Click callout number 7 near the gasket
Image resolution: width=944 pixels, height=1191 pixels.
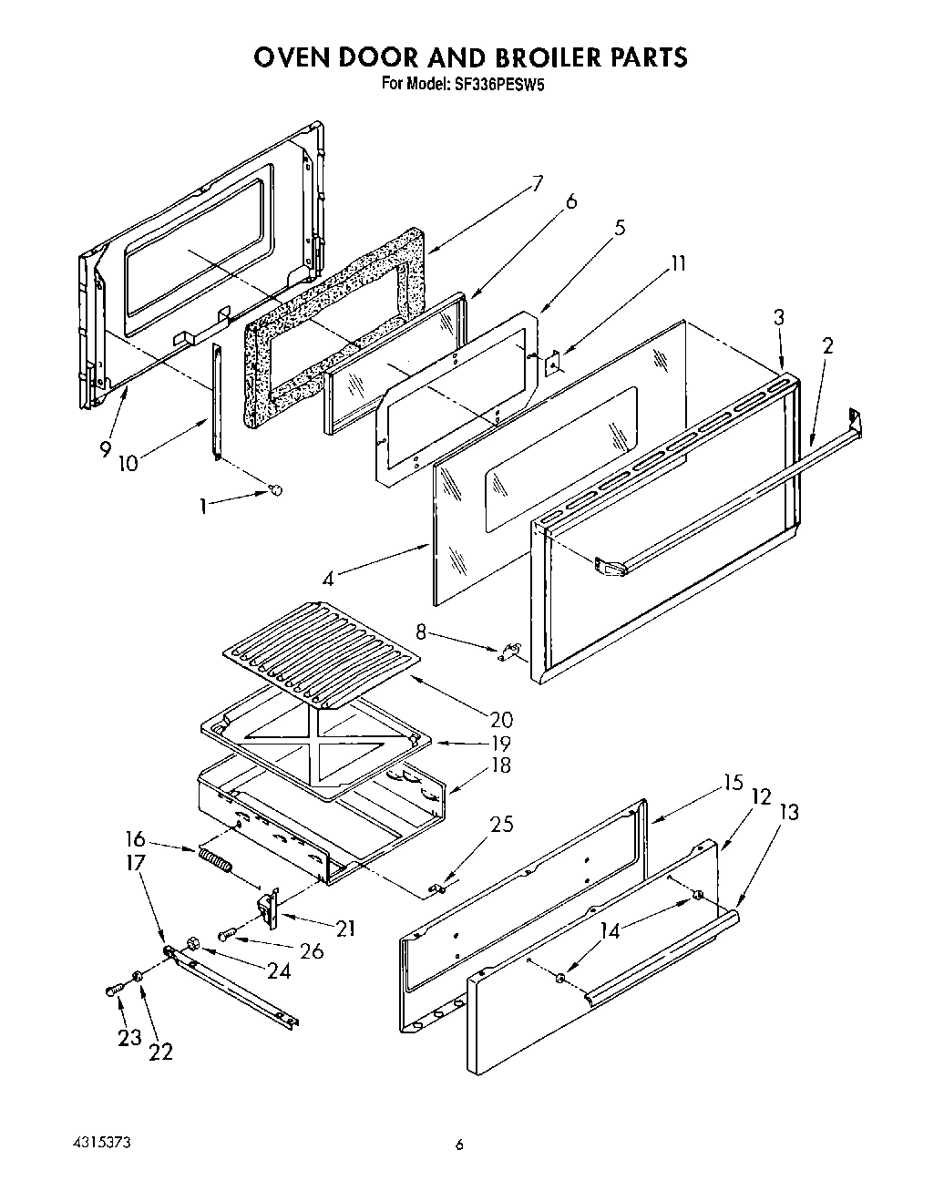click(x=537, y=183)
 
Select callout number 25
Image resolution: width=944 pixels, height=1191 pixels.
click(x=501, y=824)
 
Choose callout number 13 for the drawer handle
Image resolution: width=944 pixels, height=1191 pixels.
click(x=788, y=811)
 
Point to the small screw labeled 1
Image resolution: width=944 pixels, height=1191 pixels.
click(x=274, y=491)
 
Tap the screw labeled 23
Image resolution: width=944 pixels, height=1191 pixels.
click(x=113, y=989)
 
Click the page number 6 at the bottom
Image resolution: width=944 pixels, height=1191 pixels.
click(x=460, y=1145)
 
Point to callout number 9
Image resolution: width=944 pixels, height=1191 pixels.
click(x=106, y=448)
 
